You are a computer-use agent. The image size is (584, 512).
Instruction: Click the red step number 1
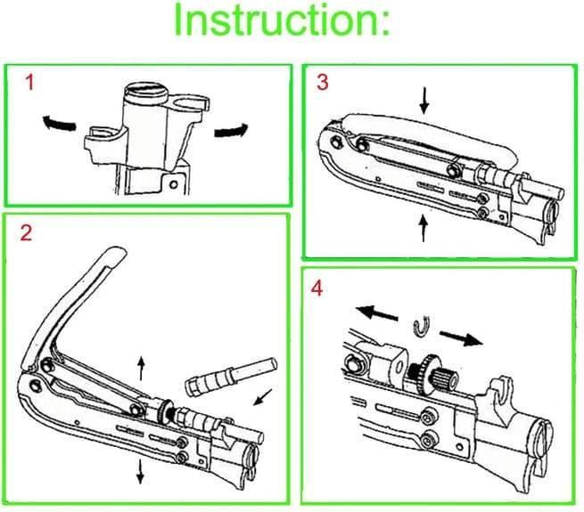pyautogui.click(x=29, y=85)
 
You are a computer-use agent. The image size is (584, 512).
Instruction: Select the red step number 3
pyautogui.click(x=323, y=83)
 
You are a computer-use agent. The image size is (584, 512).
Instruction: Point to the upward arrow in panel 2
pyautogui.click(x=139, y=366)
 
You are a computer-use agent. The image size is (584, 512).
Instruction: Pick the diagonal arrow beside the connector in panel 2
pyautogui.click(x=262, y=396)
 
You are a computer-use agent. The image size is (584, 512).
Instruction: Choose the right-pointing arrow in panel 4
pyautogui.click(x=462, y=337)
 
